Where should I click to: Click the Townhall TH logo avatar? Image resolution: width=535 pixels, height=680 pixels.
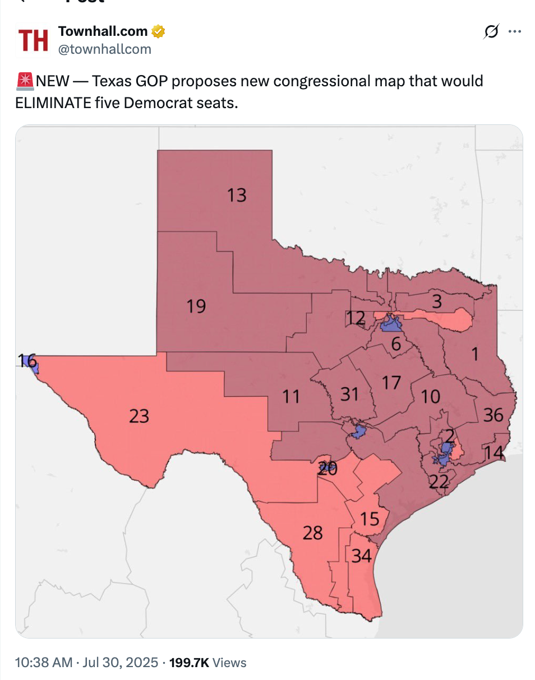pyautogui.click(x=33, y=41)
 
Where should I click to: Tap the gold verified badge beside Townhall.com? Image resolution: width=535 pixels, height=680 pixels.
pyautogui.click(x=159, y=32)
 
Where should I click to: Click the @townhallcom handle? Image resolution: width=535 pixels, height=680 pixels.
pyautogui.click(x=105, y=49)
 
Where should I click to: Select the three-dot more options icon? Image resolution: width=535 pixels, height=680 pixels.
pyautogui.click(x=514, y=32)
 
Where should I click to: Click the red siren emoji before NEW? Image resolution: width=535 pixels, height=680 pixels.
pyautogui.click(x=25, y=81)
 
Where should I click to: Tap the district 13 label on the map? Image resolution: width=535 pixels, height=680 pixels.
pyautogui.click(x=237, y=195)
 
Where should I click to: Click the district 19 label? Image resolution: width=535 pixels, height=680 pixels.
pyautogui.click(x=196, y=306)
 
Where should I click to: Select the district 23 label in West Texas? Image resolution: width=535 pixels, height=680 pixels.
pyautogui.click(x=139, y=416)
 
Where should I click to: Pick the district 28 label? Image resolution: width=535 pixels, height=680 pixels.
pyautogui.click(x=312, y=532)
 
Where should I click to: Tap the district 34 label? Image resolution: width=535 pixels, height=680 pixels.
pyautogui.click(x=362, y=556)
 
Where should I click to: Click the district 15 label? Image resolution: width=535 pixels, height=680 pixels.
pyautogui.click(x=370, y=519)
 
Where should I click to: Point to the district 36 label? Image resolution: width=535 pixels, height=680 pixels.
pyautogui.click(x=493, y=415)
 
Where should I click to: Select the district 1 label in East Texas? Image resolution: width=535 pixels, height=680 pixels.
pyautogui.click(x=474, y=354)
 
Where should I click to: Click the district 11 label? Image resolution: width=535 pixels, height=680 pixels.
pyautogui.click(x=291, y=397)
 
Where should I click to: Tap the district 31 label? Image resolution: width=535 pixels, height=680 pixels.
pyautogui.click(x=349, y=394)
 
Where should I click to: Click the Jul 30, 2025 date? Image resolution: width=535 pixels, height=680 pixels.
pyautogui.click(x=120, y=663)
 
